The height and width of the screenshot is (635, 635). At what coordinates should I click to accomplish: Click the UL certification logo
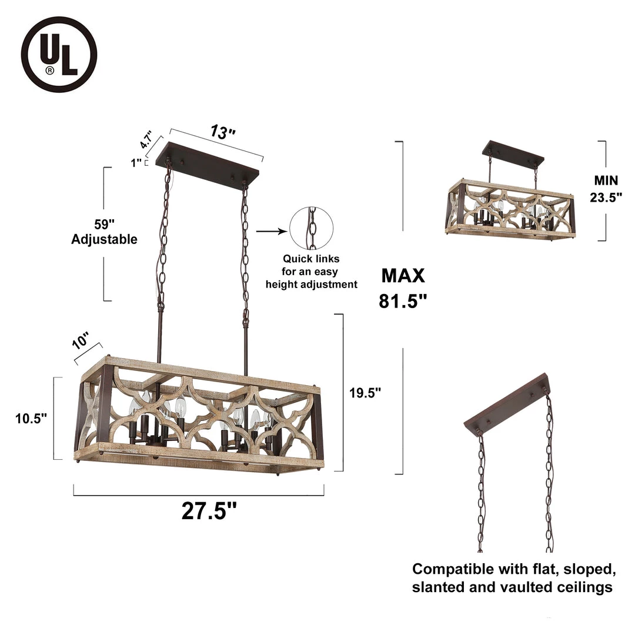(x=59, y=54)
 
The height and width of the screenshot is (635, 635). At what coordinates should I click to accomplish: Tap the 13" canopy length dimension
(x=222, y=132)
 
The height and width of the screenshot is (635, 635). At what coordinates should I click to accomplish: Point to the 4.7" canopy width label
(x=146, y=139)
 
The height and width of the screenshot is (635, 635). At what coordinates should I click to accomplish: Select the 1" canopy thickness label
(x=136, y=163)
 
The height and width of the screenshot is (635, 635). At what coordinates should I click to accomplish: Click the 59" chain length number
(x=105, y=224)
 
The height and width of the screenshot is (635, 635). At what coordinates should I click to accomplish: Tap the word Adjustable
(x=105, y=239)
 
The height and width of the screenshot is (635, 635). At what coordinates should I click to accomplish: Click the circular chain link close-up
(x=312, y=228)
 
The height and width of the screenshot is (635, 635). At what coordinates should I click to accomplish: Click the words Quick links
(x=311, y=259)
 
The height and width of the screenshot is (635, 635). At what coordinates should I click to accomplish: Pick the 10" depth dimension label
(x=80, y=340)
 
